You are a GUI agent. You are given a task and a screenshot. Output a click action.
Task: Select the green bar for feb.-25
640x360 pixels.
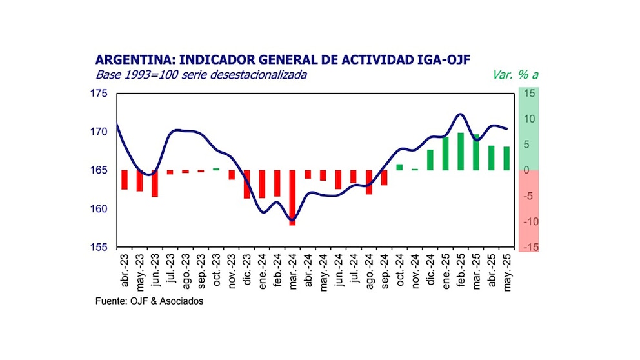point(461,152)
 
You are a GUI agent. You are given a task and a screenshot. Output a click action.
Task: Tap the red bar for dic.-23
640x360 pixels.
point(246,184)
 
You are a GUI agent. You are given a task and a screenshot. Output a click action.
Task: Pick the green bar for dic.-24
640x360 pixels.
point(430,160)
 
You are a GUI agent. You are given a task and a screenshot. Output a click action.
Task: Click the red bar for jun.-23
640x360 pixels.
point(155,183)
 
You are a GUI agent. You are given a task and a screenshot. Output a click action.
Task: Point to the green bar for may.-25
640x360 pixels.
point(506,159)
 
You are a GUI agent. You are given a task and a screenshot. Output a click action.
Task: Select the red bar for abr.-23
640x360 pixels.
point(124,180)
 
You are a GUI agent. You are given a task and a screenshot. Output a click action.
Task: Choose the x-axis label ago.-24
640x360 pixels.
point(369,274)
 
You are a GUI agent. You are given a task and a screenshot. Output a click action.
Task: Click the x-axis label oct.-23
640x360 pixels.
point(216,274)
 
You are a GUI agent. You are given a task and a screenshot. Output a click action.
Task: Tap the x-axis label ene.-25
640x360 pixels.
point(446,274)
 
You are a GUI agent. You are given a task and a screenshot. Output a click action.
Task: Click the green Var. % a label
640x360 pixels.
point(515,75)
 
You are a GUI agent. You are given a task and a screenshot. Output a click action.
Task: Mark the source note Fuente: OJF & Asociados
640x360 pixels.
point(149,301)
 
